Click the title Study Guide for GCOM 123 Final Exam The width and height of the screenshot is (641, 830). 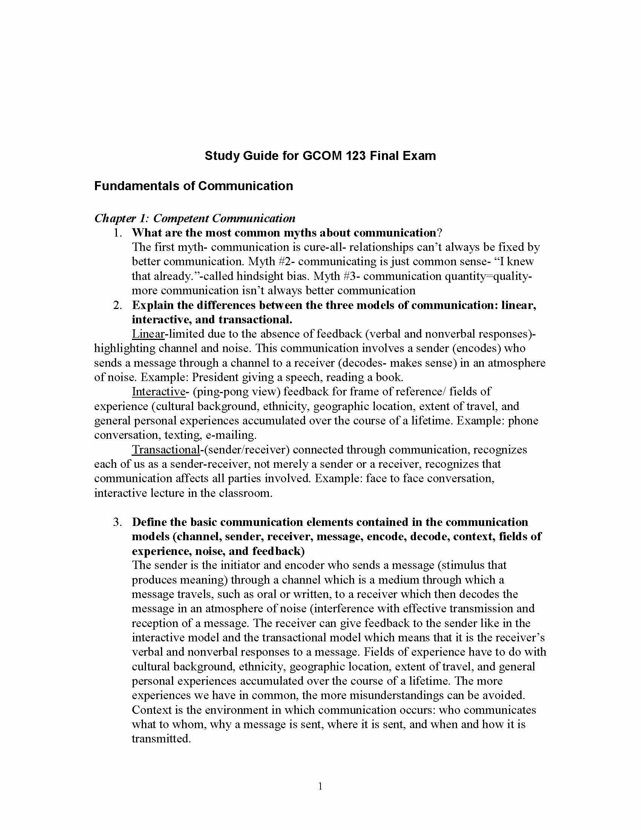point(320,156)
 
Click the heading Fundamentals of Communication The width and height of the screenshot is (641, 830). point(193,186)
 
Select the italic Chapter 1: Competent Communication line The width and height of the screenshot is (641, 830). point(195,218)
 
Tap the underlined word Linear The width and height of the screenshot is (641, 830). point(148,334)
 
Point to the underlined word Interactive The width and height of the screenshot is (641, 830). point(158,392)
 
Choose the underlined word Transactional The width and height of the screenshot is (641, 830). point(166,450)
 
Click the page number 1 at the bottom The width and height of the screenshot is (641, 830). point(320,786)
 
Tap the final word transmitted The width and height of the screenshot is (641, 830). point(161,739)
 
